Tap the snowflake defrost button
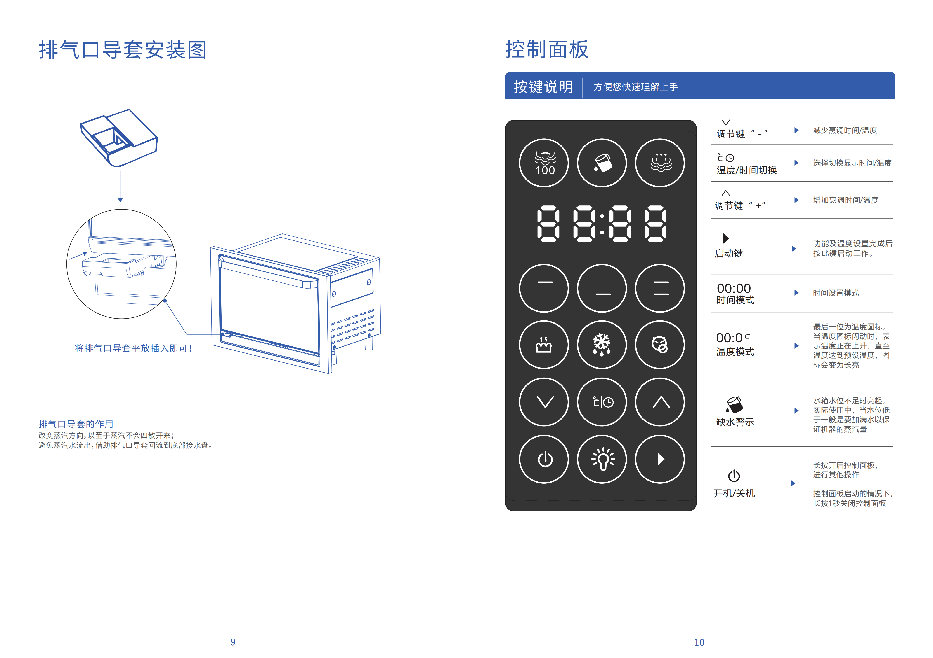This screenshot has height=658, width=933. click(602, 345)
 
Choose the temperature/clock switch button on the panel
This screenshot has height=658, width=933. click(602, 402)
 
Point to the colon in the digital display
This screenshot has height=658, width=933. click(602, 224)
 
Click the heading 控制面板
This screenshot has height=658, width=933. click(547, 49)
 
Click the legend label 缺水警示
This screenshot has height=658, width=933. click(735, 422)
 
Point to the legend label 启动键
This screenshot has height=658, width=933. click(729, 253)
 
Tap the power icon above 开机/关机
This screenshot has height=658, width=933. click(734, 475)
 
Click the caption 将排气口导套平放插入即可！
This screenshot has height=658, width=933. click(133, 348)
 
